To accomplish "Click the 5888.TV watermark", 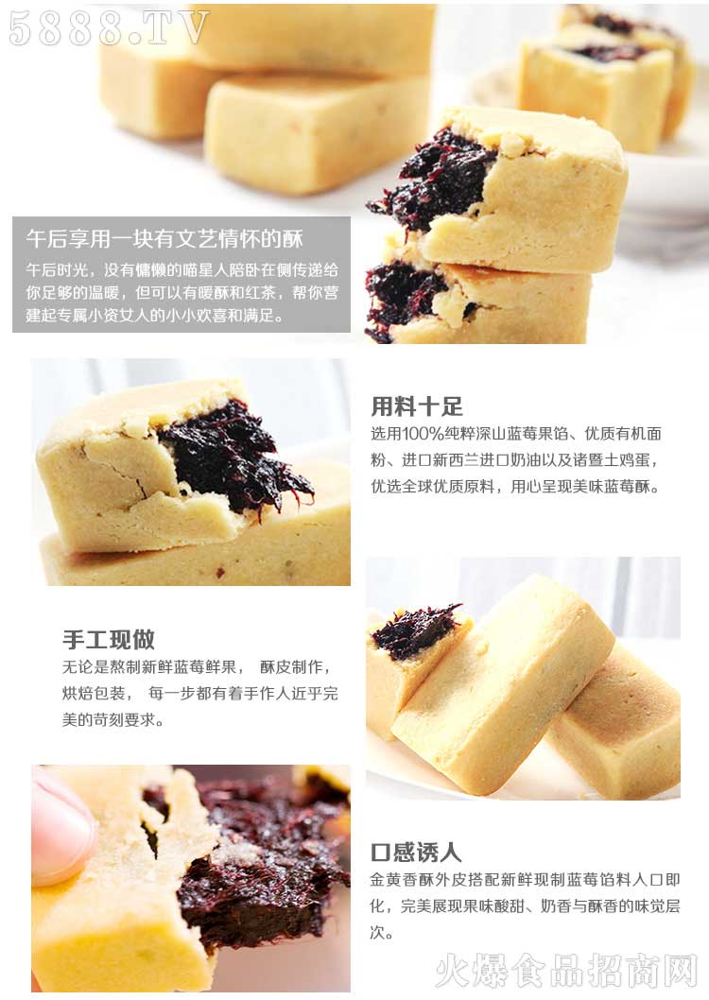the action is pos(109,27).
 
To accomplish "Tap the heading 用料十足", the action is pos(417,406).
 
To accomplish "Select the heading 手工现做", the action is pos(109,639).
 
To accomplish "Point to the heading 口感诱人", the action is pos(416,852).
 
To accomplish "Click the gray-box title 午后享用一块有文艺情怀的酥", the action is pos(164,238).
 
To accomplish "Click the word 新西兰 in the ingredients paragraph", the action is pos(456,460).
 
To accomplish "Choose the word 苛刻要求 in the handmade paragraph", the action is pos(125,720).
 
